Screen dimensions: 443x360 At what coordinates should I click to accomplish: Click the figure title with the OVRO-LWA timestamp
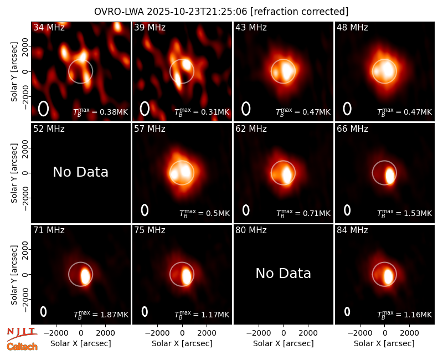point(221,12)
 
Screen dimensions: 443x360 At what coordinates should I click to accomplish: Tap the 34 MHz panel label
point(49,27)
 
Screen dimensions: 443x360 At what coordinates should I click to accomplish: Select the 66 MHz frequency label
point(352,129)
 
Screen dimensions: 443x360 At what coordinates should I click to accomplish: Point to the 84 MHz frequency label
point(352,230)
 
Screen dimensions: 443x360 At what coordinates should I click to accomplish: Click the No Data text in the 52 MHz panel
point(81,172)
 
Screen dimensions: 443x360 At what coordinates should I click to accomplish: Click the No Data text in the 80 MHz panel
point(284,273)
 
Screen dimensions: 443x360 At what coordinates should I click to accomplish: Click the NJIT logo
point(22,333)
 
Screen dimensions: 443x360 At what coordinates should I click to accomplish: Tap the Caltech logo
point(22,347)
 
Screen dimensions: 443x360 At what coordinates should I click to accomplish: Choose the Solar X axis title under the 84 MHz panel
point(384,343)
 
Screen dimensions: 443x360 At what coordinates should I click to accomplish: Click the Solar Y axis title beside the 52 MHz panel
point(14,173)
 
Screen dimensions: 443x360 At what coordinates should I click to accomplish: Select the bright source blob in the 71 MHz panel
point(85,276)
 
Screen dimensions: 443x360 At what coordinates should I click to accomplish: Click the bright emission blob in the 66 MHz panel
point(390,176)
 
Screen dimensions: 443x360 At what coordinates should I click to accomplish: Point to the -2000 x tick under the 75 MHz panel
point(157,333)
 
